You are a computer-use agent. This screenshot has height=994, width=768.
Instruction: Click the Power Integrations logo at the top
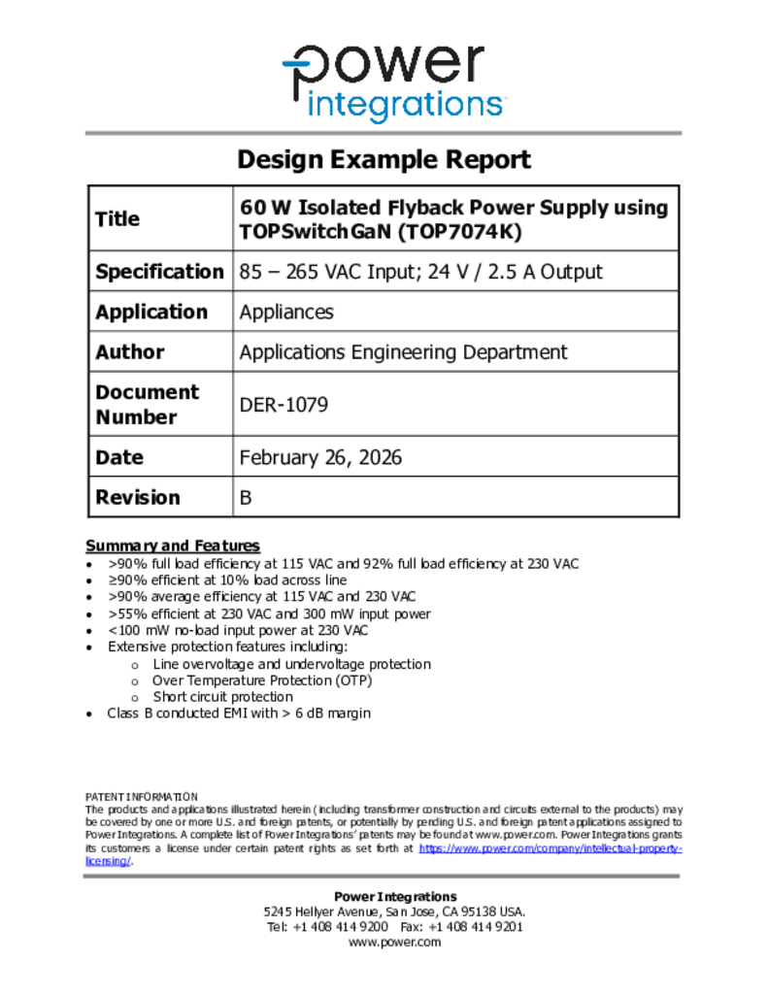(x=393, y=83)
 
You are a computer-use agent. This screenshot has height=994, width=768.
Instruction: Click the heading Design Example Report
(x=384, y=159)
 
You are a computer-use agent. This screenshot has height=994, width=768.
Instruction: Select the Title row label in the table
(x=117, y=219)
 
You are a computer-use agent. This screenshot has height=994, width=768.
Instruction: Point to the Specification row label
(x=159, y=272)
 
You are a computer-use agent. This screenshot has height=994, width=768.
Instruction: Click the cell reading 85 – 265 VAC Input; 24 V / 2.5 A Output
(x=420, y=272)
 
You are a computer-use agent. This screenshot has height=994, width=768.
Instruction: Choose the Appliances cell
(x=286, y=312)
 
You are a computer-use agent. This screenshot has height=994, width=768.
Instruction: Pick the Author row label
(x=130, y=352)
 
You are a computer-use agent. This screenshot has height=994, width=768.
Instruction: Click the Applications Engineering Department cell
(x=403, y=352)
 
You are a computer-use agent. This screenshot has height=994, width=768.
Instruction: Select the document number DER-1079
(x=284, y=404)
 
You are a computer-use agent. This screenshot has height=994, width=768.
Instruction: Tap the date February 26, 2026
(x=320, y=457)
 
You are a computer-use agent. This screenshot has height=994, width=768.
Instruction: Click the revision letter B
(x=246, y=498)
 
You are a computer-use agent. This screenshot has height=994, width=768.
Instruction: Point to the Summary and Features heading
(x=173, y=546)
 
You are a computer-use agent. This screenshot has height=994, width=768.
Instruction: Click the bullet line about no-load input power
(x=238, y=630)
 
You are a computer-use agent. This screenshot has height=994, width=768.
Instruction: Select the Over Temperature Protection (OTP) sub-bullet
(x=262, y=680)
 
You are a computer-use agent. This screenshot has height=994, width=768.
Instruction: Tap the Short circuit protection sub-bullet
(x=222, y=697)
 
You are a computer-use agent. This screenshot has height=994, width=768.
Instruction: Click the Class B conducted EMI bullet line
(x=239, y=713)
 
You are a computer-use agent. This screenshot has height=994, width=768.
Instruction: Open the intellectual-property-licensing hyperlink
(x=550, y=848)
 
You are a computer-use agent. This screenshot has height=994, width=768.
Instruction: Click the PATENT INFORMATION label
(x=142, y=796)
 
